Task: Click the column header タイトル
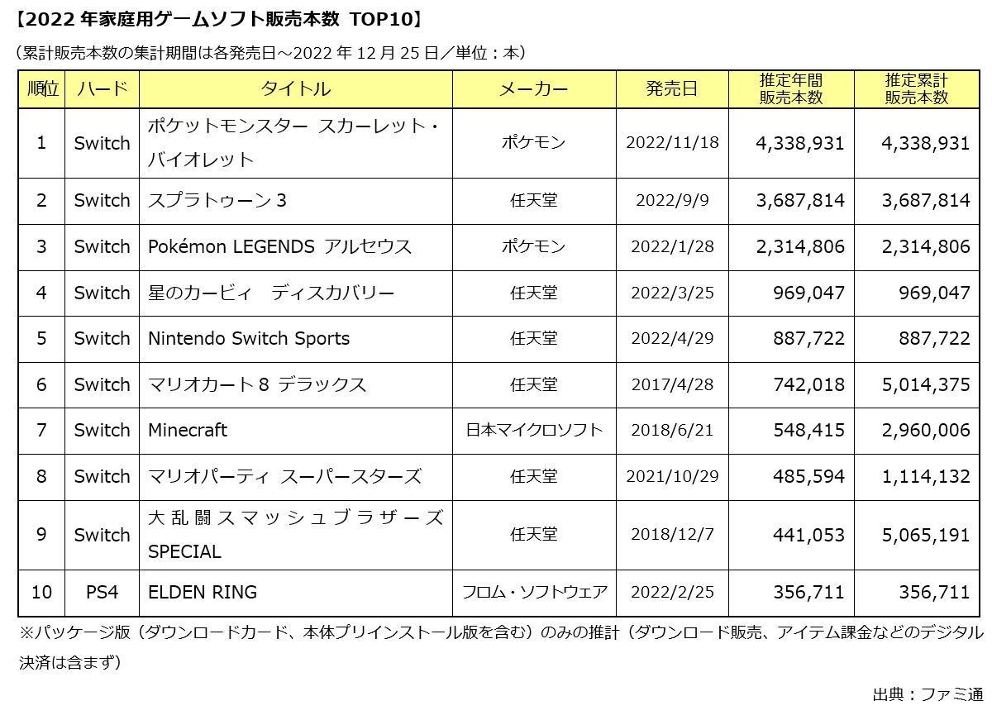click(x=295, y=89)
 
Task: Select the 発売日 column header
click(x=672, y=89)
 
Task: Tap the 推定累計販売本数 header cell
click(x=916, y=89)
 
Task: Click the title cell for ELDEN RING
click(x=203, y=592)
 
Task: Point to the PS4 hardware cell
click(x=102, y=592)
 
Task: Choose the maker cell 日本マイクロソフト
click(x=534, y=430)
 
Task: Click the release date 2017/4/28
click(x=672, y=384)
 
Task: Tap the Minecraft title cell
click(x=188, y=430)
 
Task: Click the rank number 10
click(x=41, y=592)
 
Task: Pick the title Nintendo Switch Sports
click(x=249, y=338)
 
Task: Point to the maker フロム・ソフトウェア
click(x=534, y=592)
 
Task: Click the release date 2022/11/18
click(x=672, y=142)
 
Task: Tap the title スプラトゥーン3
click(x=217, y=200)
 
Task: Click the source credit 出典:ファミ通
click(x=928, y=694)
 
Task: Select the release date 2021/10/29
click(x=672, y=476)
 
